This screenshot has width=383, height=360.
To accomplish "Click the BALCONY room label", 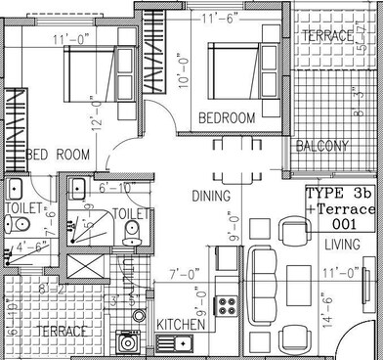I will (322, 146).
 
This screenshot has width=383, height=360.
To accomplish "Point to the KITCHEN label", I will (181, 324).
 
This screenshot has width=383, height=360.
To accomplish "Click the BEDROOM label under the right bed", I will (227, 117).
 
